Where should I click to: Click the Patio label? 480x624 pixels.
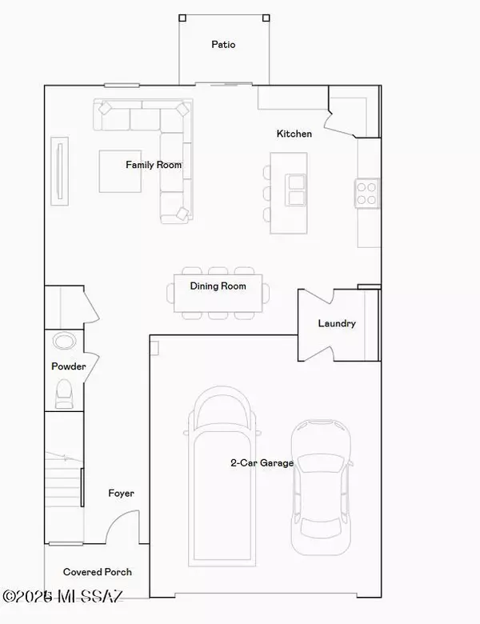223,44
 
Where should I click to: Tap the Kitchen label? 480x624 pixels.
294,134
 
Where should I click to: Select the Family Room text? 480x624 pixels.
154,165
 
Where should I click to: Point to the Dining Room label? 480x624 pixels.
218,286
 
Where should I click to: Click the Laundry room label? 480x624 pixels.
337,323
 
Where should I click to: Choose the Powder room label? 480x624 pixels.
69,366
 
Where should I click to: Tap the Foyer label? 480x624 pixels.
121,494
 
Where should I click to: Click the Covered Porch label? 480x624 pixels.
97,572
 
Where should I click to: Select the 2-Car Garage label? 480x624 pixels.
262,463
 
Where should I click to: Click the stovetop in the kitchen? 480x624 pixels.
366,193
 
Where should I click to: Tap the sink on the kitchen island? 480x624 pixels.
295,190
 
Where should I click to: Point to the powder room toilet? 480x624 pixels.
64,394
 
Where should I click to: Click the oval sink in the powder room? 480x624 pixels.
65,342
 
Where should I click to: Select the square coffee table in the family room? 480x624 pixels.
120,171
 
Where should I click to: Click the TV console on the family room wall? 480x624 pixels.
60,171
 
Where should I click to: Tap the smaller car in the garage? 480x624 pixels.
321,486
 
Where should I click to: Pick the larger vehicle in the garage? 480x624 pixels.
222,476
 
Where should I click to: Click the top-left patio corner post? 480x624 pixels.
182,18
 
